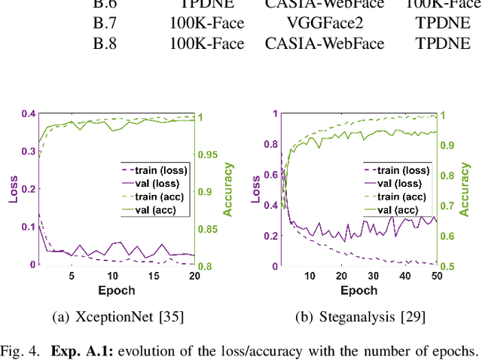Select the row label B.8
pyautogui.click(x=108, y=43)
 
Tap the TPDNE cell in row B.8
pyautogui.click(x=436, y=43)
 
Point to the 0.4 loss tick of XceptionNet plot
pyautogui.click(x=27, y=114)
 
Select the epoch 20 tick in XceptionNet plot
pyautogui.click(x=194, y=276)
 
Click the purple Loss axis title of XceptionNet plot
pyautogui.click(x=13, y=190)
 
